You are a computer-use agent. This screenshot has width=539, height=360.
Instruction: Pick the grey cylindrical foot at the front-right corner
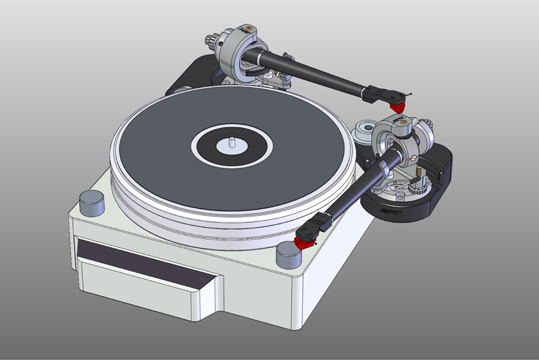pos(289,256)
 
